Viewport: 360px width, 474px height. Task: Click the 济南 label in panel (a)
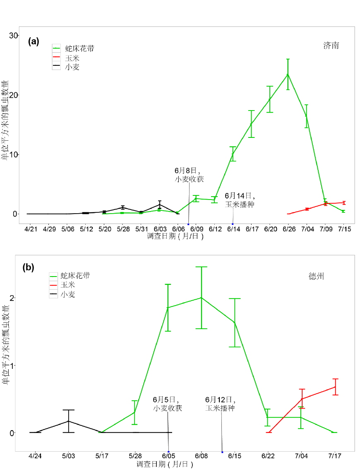[x=331, y=46]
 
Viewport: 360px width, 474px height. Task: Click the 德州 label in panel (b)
[x=316, y=276]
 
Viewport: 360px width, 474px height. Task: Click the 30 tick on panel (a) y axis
[x=14, y=36]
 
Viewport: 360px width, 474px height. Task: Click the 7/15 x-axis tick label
[x=344, y=229]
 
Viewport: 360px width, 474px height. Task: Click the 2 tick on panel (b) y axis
[x=12, y=298]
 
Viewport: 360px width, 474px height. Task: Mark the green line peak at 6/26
[x=288, y=75]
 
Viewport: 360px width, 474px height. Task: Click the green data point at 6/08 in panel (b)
[x=201, y=298]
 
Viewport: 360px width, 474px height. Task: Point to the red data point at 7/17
[x=335, y=387]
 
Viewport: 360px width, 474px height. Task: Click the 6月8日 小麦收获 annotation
[x=189, y=175]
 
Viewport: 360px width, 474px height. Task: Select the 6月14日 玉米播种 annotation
[x=240, y=200]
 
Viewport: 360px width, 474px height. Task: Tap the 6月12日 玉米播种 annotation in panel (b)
[x=220, y=404]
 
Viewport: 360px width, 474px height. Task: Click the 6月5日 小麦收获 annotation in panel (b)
[x=167, y=404]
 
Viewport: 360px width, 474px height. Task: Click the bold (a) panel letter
[x=34, y=41]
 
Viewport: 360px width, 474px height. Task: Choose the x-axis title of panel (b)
[x=164, y=464]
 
